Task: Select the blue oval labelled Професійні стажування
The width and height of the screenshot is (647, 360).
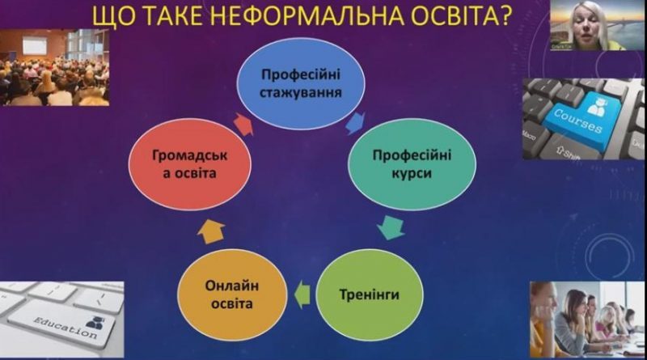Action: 301,83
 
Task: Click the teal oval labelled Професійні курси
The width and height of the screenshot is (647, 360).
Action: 412,164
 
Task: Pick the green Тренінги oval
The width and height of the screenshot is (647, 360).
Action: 370,294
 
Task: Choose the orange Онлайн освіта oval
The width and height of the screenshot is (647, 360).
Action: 232,294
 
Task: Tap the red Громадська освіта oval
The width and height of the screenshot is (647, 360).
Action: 190,164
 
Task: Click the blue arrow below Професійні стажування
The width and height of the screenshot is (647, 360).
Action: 355,123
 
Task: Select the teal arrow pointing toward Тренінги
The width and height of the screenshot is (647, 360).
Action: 391,227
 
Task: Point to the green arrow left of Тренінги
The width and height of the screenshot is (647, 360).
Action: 302,294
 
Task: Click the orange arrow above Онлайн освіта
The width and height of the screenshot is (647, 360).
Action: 211,232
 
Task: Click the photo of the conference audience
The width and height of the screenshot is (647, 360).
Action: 54,67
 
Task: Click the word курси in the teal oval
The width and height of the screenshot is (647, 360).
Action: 412,173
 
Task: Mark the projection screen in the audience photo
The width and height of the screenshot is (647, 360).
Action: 36,45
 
